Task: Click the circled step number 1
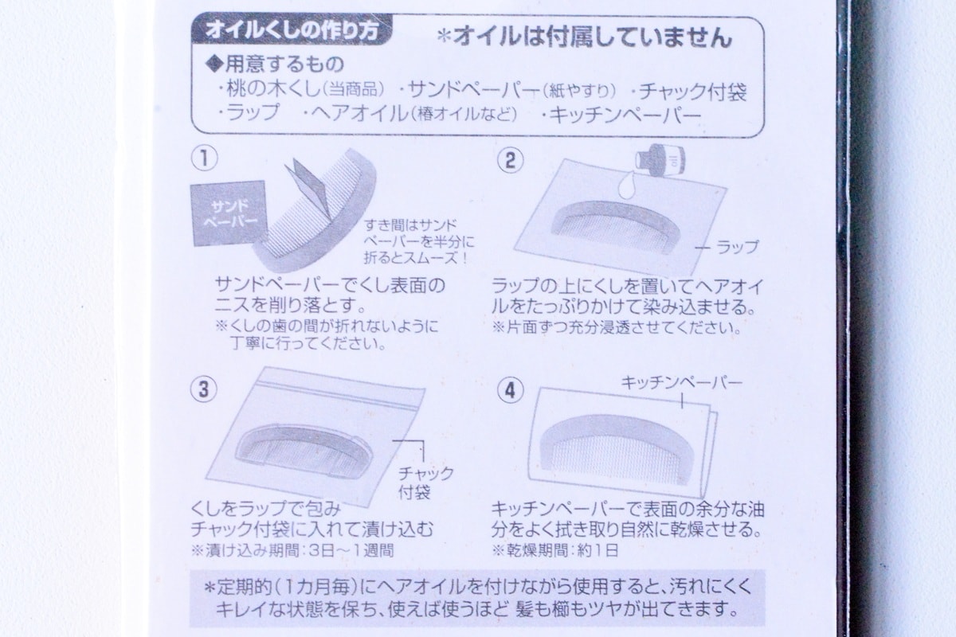205,158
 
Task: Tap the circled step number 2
511,160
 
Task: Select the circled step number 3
204,389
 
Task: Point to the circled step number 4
511,390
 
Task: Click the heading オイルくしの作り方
292,31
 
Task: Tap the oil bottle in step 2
660,159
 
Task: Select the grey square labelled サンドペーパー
229,213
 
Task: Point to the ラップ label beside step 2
738,247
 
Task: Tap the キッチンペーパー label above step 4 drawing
682,382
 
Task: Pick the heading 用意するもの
276,64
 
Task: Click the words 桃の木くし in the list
273,89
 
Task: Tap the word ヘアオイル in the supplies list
359,114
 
